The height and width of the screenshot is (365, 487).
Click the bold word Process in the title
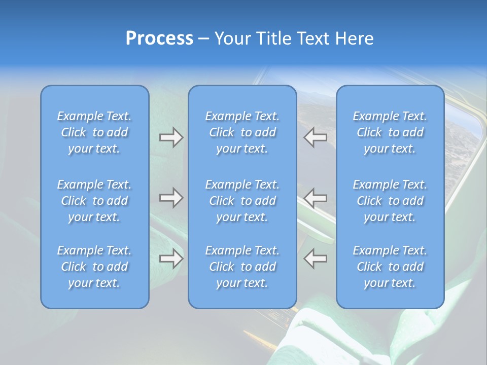click(159, 39)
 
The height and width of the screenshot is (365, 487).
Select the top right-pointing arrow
click(171, 137)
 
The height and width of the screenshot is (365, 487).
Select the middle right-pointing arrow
click(171, 198)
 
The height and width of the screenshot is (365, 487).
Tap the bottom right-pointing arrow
click(171, 259)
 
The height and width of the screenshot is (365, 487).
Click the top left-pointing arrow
click(315, 137)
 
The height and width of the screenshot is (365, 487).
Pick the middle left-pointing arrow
click(315, 198)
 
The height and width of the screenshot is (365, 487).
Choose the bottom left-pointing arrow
click(315, 259)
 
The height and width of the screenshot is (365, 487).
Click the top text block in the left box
click(94, 132)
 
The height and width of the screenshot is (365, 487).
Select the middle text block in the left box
click(94, 201)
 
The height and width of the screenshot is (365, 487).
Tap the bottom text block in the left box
click(94, 267)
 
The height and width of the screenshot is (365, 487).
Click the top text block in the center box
click(242, 132)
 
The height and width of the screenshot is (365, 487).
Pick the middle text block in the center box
click(242, 201)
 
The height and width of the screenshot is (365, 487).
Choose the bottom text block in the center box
click(242, 267)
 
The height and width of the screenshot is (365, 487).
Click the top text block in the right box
click(390, 132)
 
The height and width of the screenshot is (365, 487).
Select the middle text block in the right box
click(390, 201)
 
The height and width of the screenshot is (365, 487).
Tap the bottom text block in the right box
click(390, 267)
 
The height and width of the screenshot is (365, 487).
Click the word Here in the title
click(354, 39)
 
